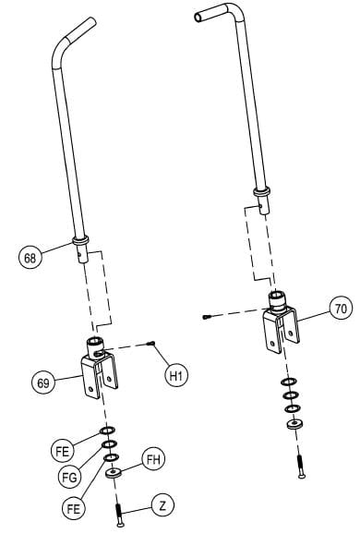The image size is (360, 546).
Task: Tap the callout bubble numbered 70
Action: coord(341,309)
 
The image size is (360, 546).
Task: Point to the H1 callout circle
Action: coord(176,375)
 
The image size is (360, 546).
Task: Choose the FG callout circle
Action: coord(68,477)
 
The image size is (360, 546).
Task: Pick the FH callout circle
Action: coord(152,459)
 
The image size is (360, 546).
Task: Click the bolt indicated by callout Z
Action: coord(119,514)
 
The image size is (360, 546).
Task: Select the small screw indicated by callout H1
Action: coord(153,344)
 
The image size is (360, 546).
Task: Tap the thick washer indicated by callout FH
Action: coord(115,472)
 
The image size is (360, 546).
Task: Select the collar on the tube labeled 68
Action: coord(80,245)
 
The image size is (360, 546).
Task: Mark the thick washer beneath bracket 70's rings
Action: coord(295,424)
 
